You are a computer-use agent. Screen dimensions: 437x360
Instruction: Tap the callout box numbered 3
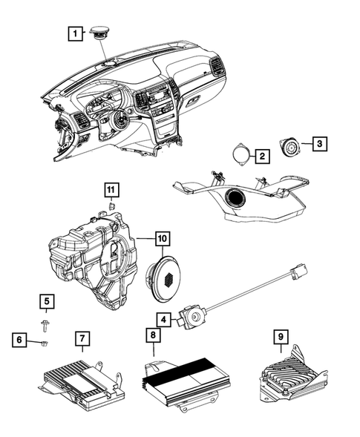[317, 143]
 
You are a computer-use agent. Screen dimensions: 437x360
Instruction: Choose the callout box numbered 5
[46, 301]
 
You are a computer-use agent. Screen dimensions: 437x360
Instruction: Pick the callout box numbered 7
[82, 340]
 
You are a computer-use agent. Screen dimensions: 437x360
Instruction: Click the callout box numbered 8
[153, 336]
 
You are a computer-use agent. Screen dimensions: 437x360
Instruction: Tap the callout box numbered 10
[161, 239]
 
